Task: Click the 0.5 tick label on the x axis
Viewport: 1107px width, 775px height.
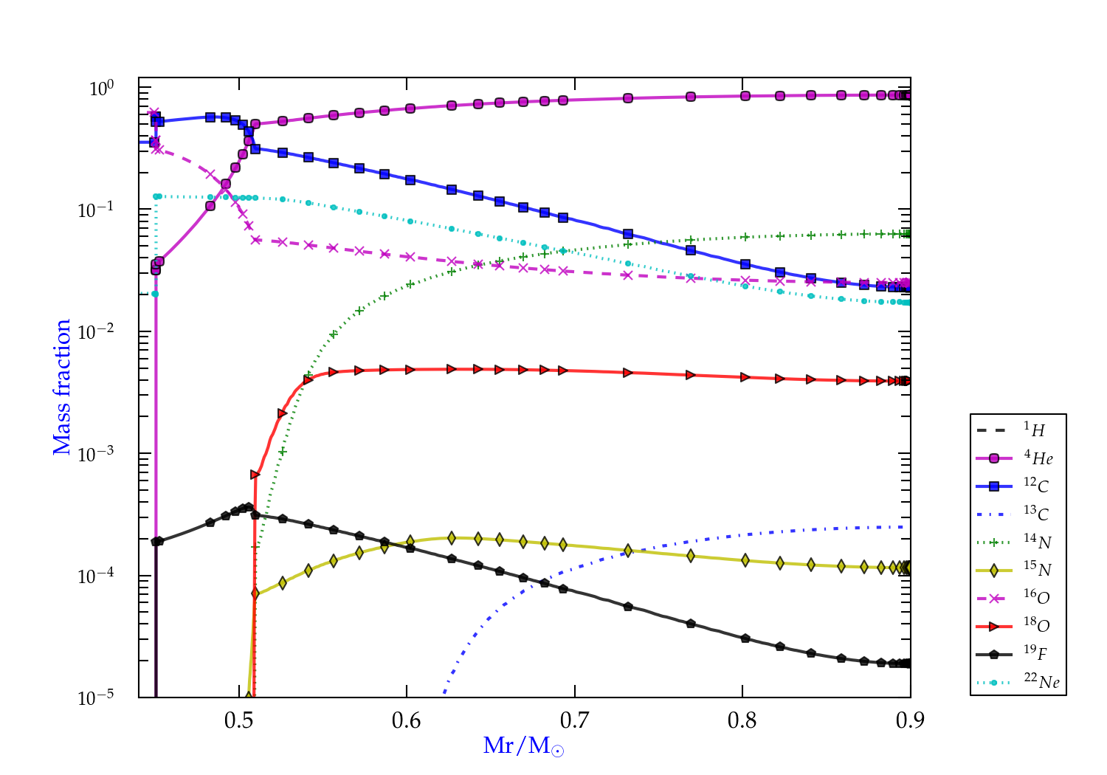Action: pyautogui.click(x=238, y=721)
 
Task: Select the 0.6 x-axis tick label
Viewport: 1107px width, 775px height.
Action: pyautogui.click(x=407, y=721)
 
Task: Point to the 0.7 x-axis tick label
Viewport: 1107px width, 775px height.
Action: pyautogui.click(x=574, y=721)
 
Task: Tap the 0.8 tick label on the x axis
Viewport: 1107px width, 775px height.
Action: pyautogui.click(x=742, y=721)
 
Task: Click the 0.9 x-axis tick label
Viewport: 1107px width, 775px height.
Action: pyautogui.click(x=910, y=721)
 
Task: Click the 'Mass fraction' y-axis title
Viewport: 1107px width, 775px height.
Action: pyautogui.click(x=62, y=387)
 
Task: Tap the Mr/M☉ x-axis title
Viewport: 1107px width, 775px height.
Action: pyautogui.click(x=523, y=746)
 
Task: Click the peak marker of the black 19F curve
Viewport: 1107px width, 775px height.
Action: pyautogui.click(x=249, y=507)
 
